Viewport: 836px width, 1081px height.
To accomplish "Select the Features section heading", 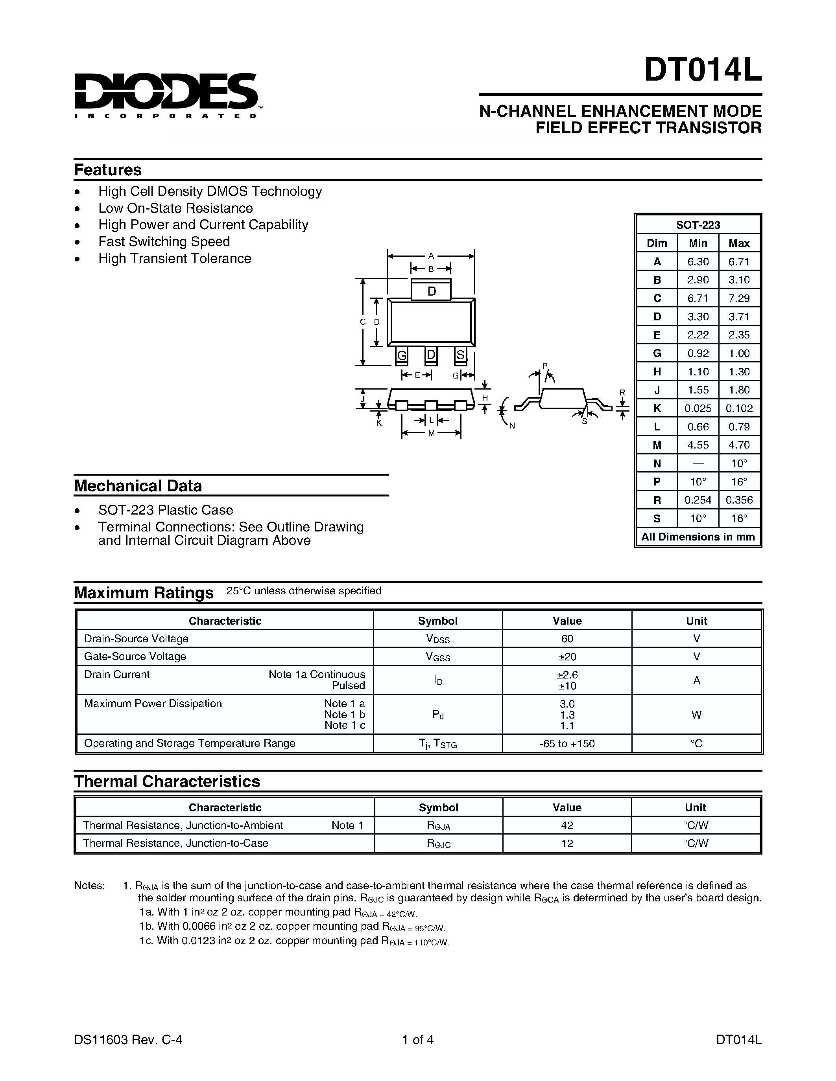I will (108, 170).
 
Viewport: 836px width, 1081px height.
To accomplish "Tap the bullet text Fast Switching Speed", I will (164, 241).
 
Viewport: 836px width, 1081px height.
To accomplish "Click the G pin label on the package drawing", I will (402, 355).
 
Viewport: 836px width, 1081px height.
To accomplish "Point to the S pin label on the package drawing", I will (461, 355).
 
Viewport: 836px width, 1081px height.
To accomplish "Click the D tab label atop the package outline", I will (431, 292).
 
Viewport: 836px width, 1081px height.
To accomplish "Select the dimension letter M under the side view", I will (431, 433).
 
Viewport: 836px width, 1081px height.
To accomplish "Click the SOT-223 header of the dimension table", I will (698, 225).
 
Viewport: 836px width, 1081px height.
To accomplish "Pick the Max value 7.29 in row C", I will (739, 298).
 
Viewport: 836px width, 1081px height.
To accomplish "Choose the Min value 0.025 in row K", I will (698, 408).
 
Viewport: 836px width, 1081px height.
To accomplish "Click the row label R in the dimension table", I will (657, 500).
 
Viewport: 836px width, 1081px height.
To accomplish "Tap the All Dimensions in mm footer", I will (698, 537).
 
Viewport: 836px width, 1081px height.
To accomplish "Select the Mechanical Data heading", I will (138, 486).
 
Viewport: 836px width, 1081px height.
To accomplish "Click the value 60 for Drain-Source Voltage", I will (567, 638).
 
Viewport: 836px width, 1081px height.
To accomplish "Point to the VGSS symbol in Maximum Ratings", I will (438, 657).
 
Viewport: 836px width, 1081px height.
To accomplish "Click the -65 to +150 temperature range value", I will (567, 743).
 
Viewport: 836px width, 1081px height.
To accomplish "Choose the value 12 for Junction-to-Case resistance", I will (567, 843).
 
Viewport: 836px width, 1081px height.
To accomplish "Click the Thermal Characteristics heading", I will (167, 781).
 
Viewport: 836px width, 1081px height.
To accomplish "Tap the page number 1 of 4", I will (418, 1039).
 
